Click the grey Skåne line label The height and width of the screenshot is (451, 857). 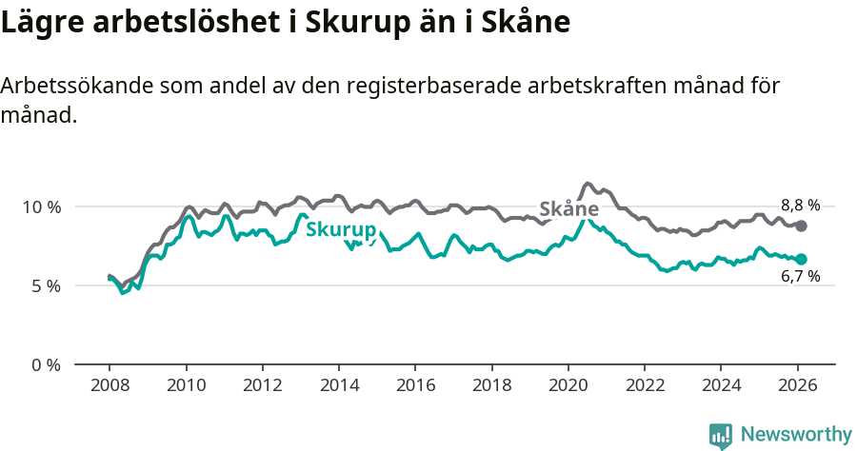pos(568,209)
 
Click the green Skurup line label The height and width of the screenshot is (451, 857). pos(341,229)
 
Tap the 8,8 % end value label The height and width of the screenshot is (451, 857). pos(800,205)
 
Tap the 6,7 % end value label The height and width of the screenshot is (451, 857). pos(800,277)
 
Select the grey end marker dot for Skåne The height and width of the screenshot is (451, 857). pos(801,225)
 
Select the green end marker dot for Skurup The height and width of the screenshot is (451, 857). pos(801,259)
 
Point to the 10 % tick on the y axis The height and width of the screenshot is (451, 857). pos(41,206)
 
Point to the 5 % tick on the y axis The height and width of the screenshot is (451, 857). pos(45,285)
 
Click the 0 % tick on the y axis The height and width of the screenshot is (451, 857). pos(45,364)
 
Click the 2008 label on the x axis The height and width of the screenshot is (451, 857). pos(110,386)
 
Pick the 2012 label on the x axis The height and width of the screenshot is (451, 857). pos(262,386)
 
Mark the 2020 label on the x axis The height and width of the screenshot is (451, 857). pos(568,386)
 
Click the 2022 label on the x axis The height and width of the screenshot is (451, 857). pos(644,386)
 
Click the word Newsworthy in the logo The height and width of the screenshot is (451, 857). pos(796,435)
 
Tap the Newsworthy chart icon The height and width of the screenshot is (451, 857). pos(721,436)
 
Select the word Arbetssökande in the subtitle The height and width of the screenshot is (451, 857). pos(76,86)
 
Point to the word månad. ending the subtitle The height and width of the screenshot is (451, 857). pos(38,116)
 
